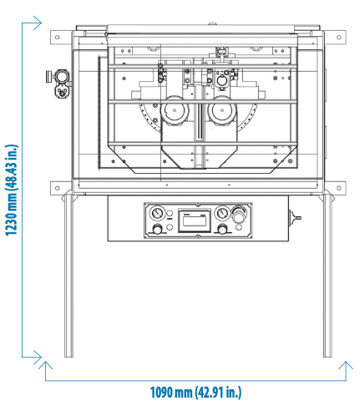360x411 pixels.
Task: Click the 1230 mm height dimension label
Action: (12, 190)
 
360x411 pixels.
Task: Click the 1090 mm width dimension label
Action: (195, 393)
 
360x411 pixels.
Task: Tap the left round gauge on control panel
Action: (157, 213)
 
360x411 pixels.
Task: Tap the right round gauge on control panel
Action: (221, 213)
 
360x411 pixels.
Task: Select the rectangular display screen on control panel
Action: (195, 221)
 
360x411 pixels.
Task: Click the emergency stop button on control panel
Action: (239, 214)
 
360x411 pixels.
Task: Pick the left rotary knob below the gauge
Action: (157, 230)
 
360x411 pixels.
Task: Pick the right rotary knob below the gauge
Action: (222, 230)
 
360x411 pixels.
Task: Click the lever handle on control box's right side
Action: (295, 217)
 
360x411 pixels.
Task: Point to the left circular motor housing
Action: (175, 110)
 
